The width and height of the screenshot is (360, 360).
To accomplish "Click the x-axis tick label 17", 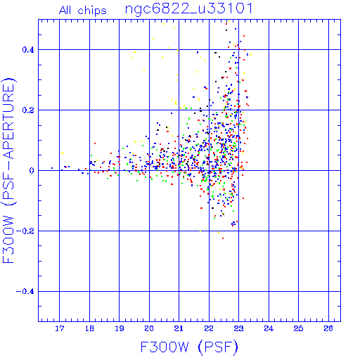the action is [x=60, y=328].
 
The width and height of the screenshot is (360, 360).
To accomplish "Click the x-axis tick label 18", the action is [x=89, y=328].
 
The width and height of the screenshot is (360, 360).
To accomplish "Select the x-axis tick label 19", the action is [x=120, y=328].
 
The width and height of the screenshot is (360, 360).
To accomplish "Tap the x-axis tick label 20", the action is [x=149, y=328].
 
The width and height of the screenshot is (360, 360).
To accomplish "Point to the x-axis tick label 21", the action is [x=179, y=328].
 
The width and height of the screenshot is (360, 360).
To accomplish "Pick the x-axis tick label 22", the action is [x=209, y=328].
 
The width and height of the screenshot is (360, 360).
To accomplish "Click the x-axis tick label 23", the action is [x=238, y=328].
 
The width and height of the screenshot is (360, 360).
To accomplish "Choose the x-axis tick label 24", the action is [x=269, y=328].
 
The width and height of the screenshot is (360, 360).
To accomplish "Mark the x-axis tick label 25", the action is [x=298, y=328].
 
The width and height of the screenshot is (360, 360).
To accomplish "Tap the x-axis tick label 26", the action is [x=328, y=328].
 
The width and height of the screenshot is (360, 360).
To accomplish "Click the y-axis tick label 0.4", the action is [x=28, y=50].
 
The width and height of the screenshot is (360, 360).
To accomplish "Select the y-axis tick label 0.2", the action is [x=28, y=110].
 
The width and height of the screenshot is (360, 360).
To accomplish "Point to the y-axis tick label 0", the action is [x=32, y=171].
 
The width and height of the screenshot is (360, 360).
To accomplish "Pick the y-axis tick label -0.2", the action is [x=25, y=231].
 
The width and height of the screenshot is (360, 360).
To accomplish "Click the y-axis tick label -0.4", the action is [x=25, y=292].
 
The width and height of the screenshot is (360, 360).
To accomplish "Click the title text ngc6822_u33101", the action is [x=189, y=9].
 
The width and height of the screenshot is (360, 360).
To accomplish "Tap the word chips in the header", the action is [x=92, y=11].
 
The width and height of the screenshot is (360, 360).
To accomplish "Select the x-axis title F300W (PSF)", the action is [x=189, y=347].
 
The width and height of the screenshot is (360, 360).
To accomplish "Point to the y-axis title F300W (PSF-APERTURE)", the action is [x=8, y=171].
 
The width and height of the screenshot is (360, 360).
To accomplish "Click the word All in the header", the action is [x=65, y=11].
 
